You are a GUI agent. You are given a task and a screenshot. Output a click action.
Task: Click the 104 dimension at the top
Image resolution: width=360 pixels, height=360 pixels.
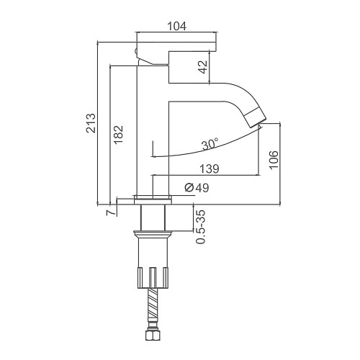tap(176, 27)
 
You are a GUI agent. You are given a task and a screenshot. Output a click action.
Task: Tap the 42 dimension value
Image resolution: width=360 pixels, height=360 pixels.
tap(203, 67)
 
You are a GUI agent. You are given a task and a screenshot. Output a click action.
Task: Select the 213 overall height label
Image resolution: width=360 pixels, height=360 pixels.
tap(91, 123)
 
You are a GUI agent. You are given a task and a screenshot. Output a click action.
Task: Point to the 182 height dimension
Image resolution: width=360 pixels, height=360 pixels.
tap(118, 135)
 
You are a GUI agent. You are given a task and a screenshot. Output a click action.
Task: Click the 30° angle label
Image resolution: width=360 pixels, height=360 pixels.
tap(210, 144)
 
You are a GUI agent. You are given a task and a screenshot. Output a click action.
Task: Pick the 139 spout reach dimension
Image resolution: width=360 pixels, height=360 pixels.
tap(210, 168)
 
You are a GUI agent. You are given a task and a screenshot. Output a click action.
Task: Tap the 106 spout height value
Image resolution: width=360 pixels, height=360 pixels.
tap(274, 161)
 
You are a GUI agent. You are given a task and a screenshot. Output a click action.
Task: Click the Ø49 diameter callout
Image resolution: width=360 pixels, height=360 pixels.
tap(197, 188)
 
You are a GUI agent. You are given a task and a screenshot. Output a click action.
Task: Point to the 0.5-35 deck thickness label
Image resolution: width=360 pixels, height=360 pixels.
tap(201, 227)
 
